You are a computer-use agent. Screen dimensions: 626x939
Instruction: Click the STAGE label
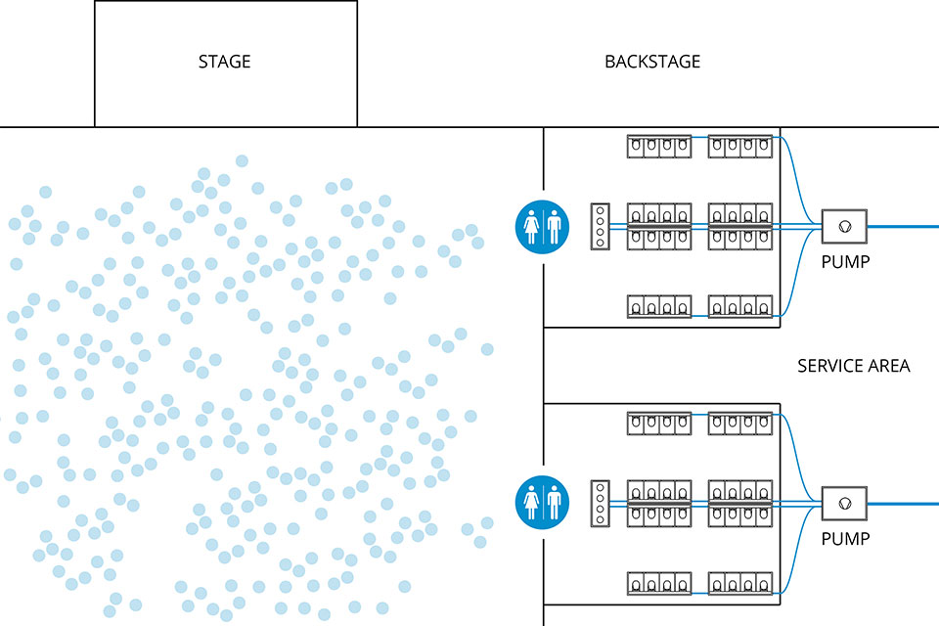(225, 62)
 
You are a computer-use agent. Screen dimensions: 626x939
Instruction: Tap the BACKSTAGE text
(652, 62)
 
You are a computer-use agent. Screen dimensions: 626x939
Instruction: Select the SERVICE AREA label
(853, 366)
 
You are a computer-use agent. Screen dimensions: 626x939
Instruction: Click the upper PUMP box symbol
(844, 227)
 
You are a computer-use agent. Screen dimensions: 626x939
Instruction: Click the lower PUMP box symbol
(844, 505)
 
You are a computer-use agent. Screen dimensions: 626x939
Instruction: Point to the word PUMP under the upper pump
(845, 262)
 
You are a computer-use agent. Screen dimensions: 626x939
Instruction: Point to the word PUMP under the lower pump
(845, 539)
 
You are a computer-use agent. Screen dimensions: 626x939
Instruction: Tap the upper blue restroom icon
(542, 227)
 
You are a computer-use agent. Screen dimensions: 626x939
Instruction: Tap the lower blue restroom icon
(542, 504)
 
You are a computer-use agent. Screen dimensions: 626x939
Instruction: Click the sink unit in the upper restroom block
(601, 227)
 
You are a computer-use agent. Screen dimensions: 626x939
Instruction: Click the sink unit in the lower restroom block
(601, 504)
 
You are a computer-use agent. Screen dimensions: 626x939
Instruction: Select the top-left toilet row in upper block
(659, 147)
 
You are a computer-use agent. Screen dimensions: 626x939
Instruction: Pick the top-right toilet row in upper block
(740, 147)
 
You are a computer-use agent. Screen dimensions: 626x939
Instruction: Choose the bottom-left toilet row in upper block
(659, 307)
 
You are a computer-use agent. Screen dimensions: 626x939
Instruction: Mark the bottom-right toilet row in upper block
(740, 307)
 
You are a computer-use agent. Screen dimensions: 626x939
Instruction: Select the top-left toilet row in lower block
(659, 423)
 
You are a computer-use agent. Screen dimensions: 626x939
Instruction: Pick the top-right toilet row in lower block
(740, 423)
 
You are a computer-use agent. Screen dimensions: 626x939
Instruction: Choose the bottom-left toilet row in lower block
(659, 584)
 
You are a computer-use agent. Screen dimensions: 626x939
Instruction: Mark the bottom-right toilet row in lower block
(740, 584)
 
